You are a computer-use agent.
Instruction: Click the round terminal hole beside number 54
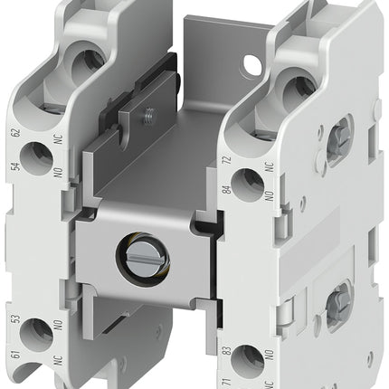38,160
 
